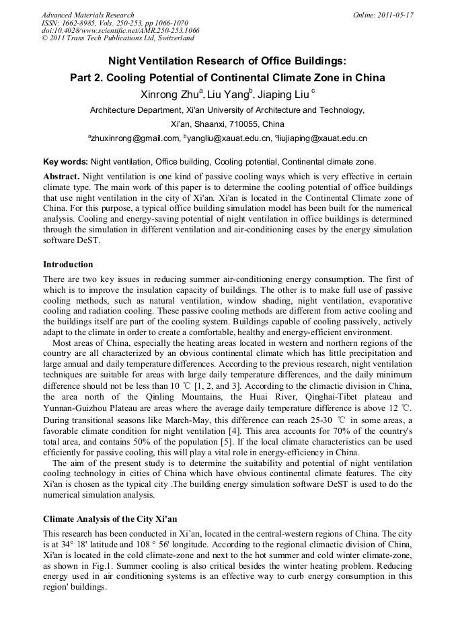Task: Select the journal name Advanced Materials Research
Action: (87, 15)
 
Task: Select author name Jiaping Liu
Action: (282, 95)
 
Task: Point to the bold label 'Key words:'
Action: (65, 162)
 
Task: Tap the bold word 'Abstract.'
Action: (61, 175)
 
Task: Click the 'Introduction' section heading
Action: (68, 265)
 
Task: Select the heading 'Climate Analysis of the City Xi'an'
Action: (110, 519)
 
